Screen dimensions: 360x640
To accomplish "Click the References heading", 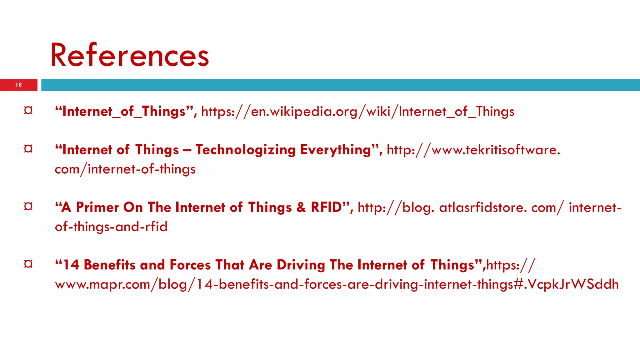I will click(x=129, y=55).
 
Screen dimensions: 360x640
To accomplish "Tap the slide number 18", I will click(x=19, y=85).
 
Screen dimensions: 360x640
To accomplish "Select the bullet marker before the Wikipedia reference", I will click(x=28, y=111).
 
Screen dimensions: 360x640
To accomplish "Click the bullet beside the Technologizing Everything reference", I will click(x=28, y=149).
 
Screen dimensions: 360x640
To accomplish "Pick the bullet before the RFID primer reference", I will click(x=28, y=207).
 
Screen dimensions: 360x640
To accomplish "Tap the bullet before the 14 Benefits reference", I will click(x=28, y=264).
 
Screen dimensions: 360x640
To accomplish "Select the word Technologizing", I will click(x=246, y=150).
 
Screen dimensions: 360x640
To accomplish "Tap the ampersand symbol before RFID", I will click(x=301, y=207).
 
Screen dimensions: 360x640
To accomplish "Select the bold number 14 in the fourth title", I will click(x=71, y=265).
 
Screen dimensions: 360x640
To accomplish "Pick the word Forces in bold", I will click(x=190, y=265).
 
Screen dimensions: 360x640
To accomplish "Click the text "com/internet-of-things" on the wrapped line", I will click(x=125, y=169).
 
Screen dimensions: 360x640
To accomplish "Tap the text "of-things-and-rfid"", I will click(x=111, y=227).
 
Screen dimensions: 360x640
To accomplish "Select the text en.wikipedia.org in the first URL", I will click(x=304, y=112).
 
